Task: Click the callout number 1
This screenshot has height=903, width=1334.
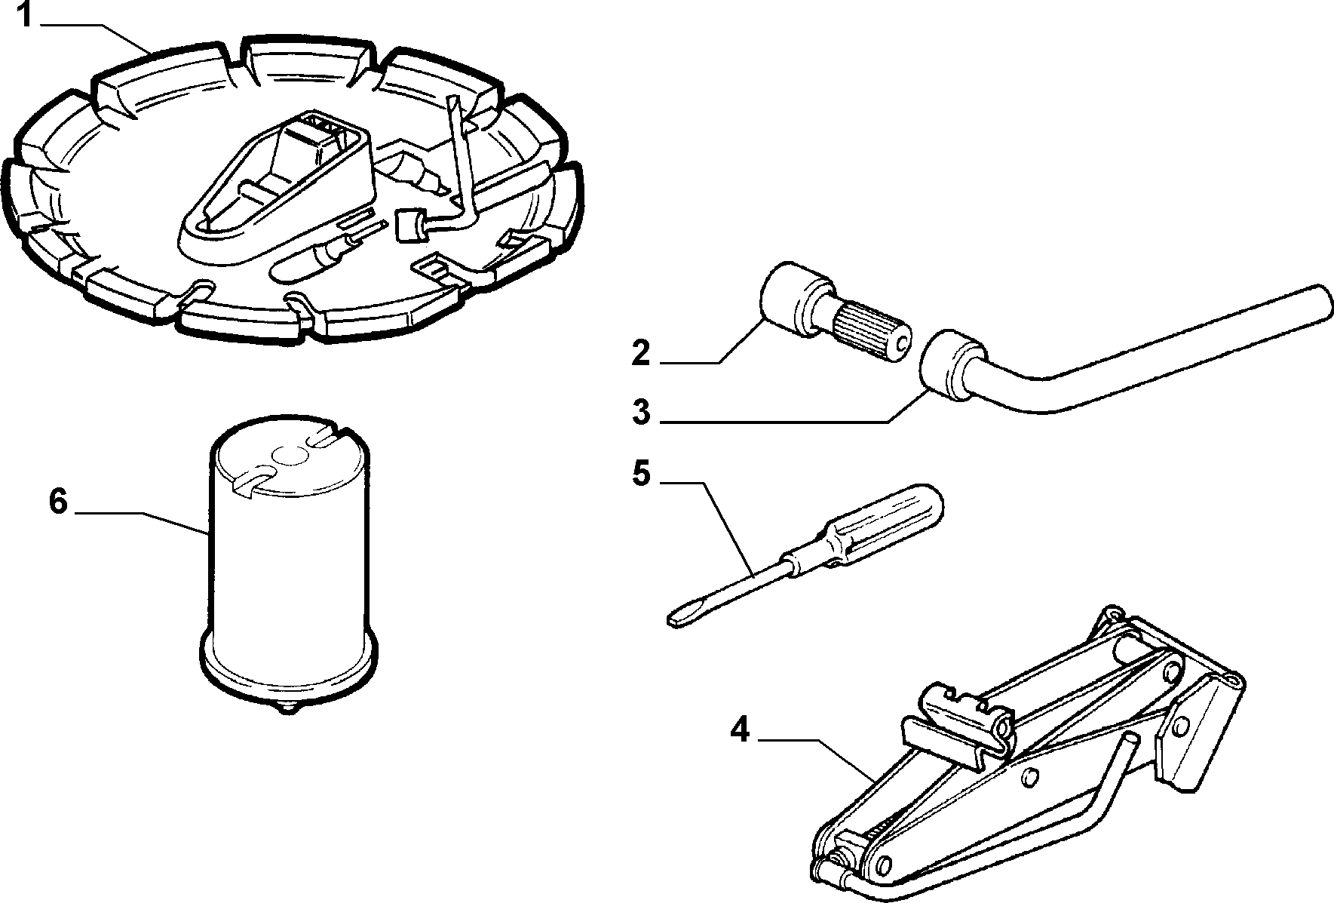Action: click(25, 15)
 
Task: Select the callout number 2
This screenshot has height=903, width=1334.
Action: click(640, 352)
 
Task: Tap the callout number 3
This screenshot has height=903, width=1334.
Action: click(640, 413)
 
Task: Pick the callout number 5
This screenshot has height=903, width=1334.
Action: click(640, 474)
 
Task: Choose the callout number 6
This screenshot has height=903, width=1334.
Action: click(58, 502)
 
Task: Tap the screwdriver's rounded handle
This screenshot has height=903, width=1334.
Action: click(886, 521)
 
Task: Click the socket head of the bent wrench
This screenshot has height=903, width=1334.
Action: click(954, 367)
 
